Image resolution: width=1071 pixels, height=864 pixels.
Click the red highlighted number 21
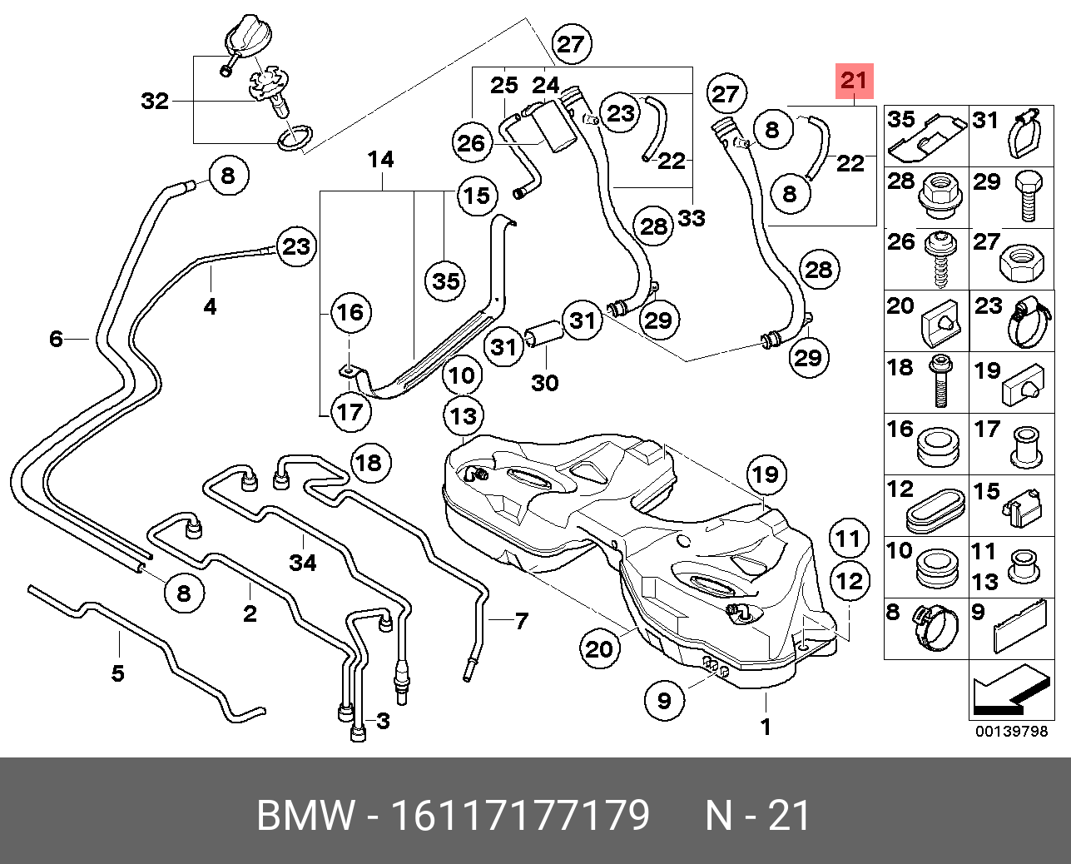pos(854,82)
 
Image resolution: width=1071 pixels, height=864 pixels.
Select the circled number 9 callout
pos(664,701)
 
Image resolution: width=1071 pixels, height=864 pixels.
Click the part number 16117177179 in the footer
pos(521,815)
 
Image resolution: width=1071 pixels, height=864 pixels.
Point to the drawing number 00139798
pos(1012,732)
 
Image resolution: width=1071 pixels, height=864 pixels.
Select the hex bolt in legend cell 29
pos(1027,196)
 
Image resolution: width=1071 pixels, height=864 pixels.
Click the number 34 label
pos(303,563)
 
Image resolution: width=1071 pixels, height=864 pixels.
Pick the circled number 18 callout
pos(369,463)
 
